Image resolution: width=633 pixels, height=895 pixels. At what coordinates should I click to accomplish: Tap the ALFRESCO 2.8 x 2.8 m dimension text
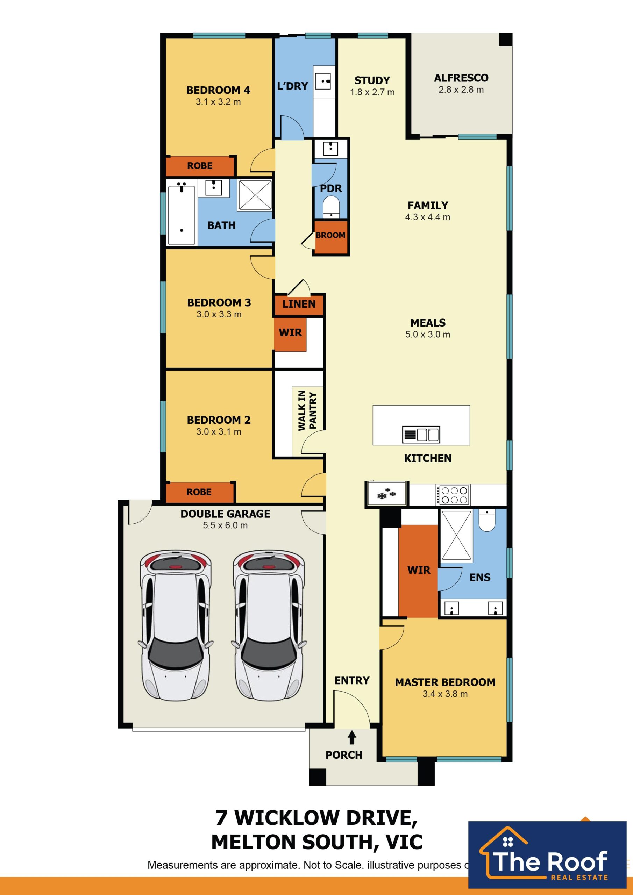click(461, 89)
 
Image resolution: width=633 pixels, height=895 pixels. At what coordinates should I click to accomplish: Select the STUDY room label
click(372, 80)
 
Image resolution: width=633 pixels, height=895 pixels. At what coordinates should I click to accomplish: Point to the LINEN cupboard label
click(299, 304)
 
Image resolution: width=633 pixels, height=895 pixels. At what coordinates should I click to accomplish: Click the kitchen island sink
click(421, 434)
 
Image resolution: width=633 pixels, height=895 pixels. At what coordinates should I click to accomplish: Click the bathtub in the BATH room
click(182, 215)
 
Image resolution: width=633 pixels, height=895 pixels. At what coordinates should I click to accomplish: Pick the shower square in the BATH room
click(255, 194)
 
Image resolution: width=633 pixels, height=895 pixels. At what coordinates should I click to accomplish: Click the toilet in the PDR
click(331, 206)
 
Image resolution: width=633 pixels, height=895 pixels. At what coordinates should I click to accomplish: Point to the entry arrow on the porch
click(352, 737)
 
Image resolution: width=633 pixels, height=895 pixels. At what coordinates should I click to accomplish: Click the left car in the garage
click(175, 625)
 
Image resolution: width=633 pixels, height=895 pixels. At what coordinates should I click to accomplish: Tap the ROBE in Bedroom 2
click(199, 492)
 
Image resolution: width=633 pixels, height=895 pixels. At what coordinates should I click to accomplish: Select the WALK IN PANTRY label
click(307, 410)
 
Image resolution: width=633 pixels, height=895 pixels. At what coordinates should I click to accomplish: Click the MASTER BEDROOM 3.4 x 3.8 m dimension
click(445, 694)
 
